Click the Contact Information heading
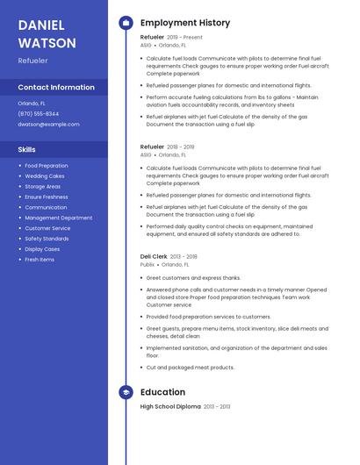[x=56, y=87]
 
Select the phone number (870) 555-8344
[x=39, y=113]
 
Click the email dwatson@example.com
[x=48, y=125]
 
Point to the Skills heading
[x=27, y=149]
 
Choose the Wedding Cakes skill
[x=44, y=175]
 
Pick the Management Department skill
[x=58, y=218]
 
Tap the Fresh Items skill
[x=40, y=260]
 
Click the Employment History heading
[x=184, y=23]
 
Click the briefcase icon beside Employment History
[x=126, y=23]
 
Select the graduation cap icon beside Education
[x=126, y=392]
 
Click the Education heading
[x=162, y=392]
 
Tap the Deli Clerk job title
[x=155, y=256]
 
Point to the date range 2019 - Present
[x=184, y=38]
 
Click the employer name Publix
[x=148, y=264]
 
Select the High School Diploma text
[x=170, y=407]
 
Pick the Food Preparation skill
[x=46, y=165]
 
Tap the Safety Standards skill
[x=47, y=239]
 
